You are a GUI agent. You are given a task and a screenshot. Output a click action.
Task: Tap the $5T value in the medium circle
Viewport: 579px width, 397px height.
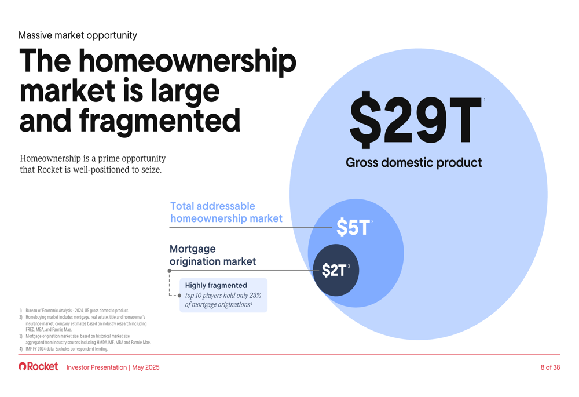[x=353, y=227]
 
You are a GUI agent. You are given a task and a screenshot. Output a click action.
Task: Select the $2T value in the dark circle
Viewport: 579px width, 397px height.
[x=334, y=270]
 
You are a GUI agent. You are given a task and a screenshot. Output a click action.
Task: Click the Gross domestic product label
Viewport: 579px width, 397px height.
[x=413, y=163]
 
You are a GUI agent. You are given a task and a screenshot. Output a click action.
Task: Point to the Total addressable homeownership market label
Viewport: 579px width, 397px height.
[x=226, y=212]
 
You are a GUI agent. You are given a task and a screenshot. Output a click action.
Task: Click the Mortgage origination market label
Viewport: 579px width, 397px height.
[x=212, y=255]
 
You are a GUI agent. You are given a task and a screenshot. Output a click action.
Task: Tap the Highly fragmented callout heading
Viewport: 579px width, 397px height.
[x=216, y=285]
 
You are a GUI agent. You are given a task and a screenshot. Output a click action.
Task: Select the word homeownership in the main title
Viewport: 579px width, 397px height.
[x=187, y=63]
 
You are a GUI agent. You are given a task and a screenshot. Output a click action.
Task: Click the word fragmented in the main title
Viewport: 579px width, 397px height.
[x=160, y=121]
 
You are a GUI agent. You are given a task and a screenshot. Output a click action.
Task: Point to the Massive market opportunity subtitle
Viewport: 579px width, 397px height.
[x=78, y=35]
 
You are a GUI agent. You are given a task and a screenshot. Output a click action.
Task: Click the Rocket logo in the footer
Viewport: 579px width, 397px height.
[x=38, y=366]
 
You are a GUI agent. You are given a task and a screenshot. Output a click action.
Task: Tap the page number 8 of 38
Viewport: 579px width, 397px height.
[x=550, y=367]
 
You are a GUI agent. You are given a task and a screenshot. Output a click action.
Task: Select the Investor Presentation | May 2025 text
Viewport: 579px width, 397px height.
[x=113, y=367]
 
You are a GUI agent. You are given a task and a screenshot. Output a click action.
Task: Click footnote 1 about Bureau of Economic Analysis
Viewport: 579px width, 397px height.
[x=74, y=311]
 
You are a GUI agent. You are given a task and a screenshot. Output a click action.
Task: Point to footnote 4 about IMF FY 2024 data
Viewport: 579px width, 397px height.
[x=64, y=348]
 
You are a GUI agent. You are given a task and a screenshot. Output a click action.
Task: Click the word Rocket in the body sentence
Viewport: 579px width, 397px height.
[x=50, y=170]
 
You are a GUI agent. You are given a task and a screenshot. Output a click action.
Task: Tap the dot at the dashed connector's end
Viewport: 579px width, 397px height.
[x=179, y=296]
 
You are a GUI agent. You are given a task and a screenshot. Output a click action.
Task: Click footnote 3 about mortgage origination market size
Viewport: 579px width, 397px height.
[x=85, y=340]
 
